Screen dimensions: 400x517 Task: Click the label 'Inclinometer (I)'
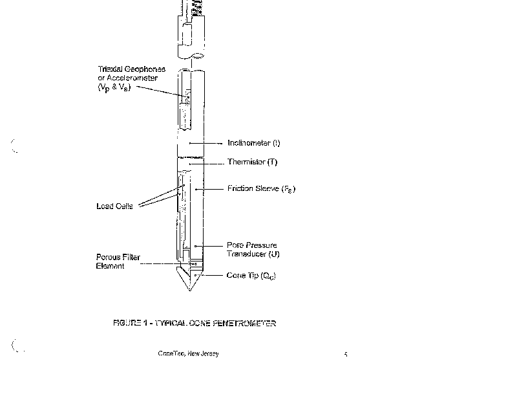point(253,142)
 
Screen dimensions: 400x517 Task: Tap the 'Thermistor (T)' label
point(251,162)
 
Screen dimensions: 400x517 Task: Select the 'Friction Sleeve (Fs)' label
point(261,189)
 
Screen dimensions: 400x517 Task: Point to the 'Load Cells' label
point(114,206)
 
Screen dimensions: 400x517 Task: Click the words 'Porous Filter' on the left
point(118,257)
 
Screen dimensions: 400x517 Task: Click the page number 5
point(346,354)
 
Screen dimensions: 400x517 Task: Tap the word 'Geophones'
point(146,69)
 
